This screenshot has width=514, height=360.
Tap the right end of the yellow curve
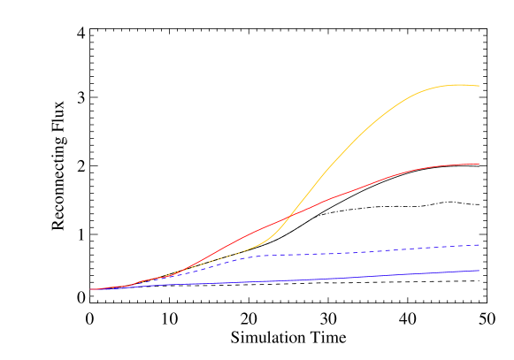click(x=479, y=86)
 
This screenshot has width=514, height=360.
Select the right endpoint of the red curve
click(x=479, y=164)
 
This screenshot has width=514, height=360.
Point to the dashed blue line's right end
click(x=479, y=244)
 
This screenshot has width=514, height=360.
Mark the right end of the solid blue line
click(x=479, y=271)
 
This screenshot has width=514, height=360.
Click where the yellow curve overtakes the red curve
click(x=291, y=215)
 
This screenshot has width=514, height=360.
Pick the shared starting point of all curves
click(x=90, y=289)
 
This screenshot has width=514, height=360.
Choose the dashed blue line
click(x=354, y=253)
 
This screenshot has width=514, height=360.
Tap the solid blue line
click(x=310, y=280)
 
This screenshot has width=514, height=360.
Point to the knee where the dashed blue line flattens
click(x=252, y=257)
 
